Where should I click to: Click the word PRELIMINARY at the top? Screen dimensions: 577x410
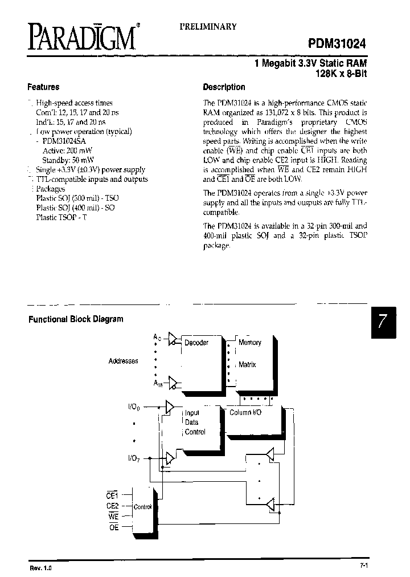208,27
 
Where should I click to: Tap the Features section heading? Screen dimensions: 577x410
43,87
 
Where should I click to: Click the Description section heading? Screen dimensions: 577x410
224,87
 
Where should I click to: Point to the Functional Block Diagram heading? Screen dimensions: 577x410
76,319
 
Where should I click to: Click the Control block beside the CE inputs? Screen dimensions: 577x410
142,507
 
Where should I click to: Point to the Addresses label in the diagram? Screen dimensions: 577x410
123,361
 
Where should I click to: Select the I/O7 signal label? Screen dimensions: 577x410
134,458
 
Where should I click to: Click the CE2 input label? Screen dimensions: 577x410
112,505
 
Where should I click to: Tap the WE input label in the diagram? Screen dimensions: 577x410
112,516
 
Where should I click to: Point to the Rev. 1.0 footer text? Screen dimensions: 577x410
40,568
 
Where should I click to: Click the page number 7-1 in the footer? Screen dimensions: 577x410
364,566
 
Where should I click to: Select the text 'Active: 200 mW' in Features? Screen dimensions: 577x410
60,151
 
